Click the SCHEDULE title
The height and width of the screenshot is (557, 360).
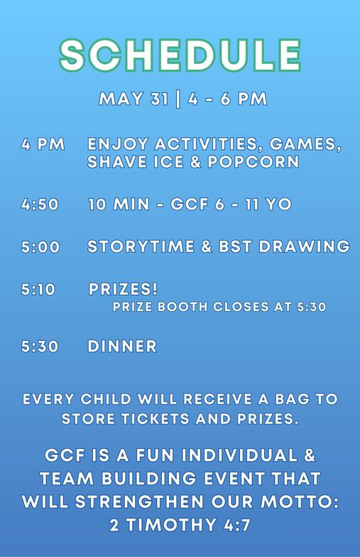point(180,55)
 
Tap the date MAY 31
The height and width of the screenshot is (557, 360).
point(133,99)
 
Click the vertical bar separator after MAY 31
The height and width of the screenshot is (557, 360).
point(178,99)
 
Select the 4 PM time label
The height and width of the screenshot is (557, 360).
point(43,144)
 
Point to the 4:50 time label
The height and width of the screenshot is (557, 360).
point(40,205)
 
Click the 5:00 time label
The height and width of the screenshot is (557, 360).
point(40,247)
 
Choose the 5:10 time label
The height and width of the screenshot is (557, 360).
point(38,289)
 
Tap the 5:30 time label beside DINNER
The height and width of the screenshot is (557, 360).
point(40,347)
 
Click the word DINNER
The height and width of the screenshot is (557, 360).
point(122,347)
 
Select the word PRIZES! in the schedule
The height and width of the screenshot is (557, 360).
point(123,289)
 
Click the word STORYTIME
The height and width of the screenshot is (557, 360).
point(141,247)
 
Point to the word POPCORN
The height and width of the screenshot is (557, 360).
point(253,162)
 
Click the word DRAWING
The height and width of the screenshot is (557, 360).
point(304,247)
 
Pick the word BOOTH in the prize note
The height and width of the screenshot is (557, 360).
point(182,307)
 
